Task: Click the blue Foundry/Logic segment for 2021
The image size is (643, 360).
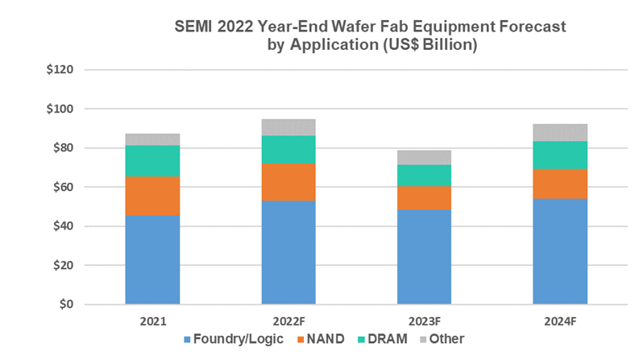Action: pos(152,259)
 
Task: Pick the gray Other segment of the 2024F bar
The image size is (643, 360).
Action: pos(560,132)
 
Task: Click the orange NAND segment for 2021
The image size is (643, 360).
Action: pos(152,196)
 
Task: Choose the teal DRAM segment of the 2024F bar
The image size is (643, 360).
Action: pos(560,155)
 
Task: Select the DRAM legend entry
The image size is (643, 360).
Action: pos(390,339)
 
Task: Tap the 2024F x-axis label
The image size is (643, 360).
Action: pos(560,321)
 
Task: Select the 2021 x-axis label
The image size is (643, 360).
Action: pos(152,321)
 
